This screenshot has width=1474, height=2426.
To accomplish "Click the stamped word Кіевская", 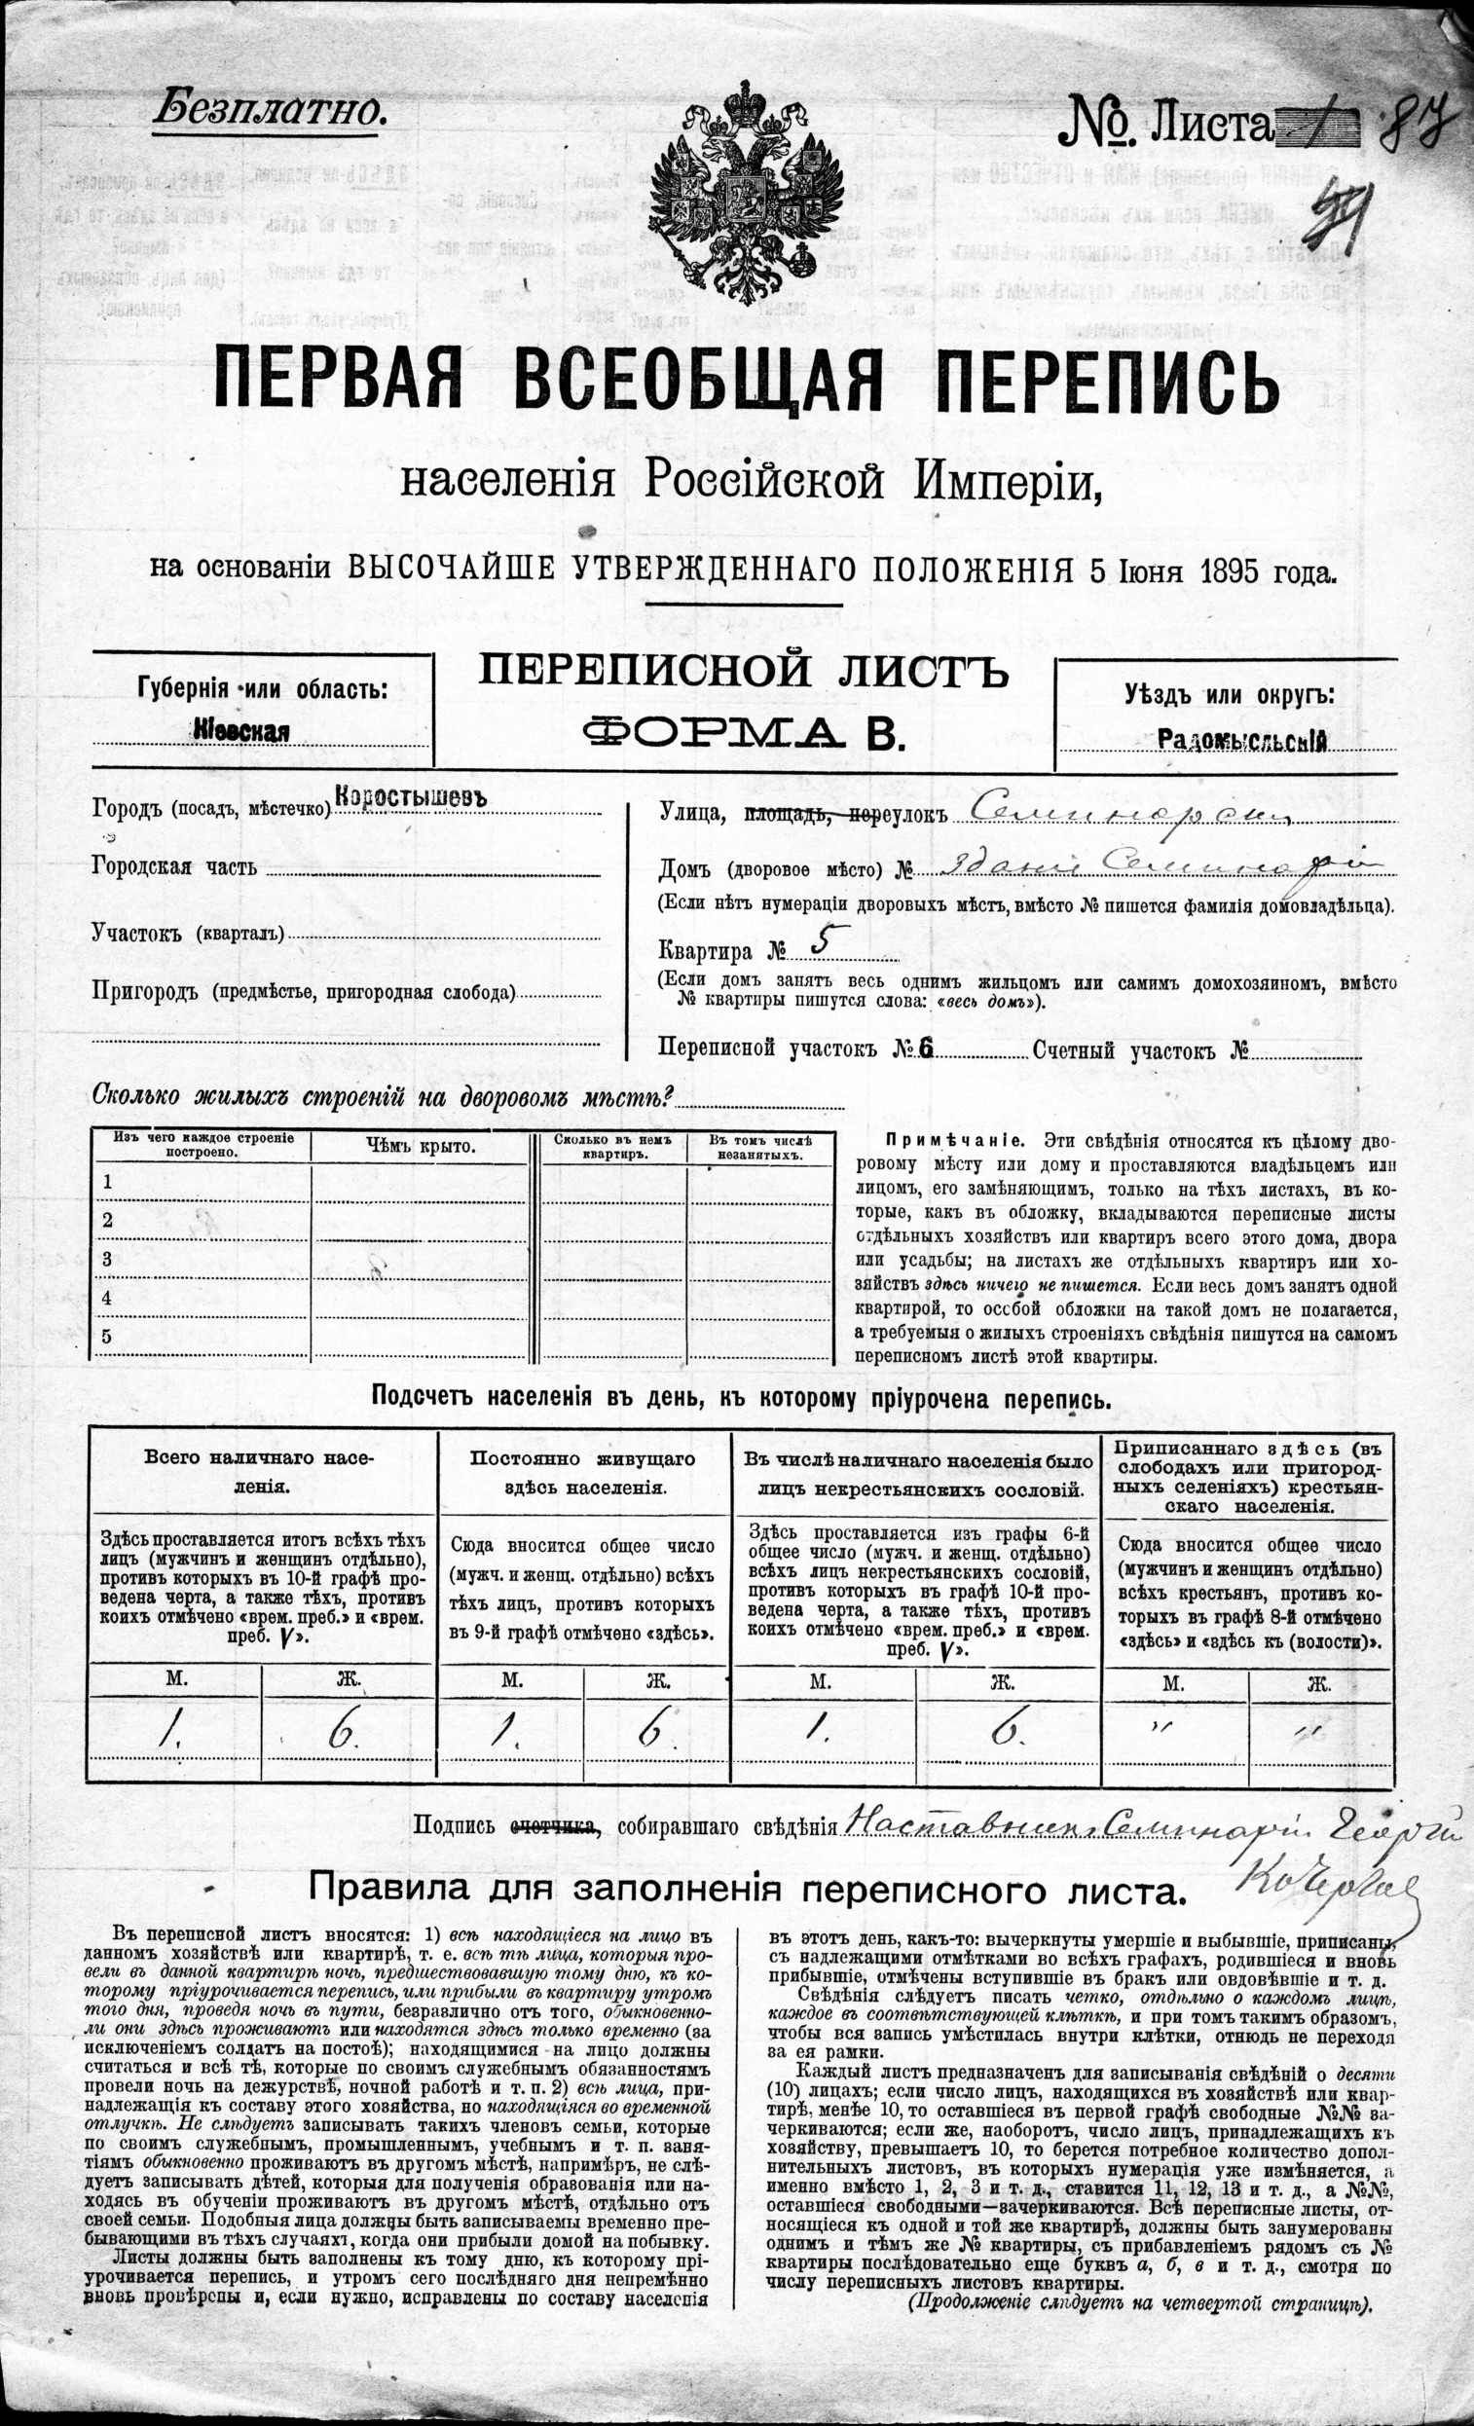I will [241, 730].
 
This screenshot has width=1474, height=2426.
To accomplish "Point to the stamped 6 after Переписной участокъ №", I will [926, 1049].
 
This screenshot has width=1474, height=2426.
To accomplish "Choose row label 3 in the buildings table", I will [108, 1259].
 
